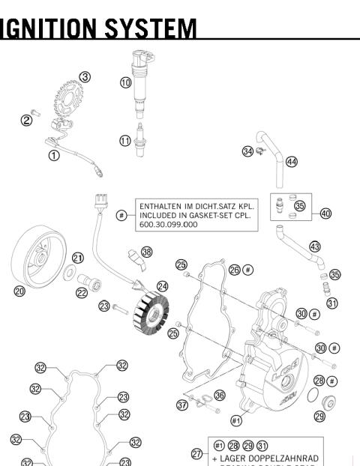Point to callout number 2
click(x=26, y=120)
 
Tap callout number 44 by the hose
click(x=292, y=162)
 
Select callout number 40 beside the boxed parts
click(x=325, y=213)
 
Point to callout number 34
click(x=247, y=151)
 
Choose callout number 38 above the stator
click(x=146, y=252)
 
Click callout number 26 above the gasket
click(x=235, y=269)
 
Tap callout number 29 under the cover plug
click(x=319, y=416)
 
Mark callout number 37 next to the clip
click(x=182, y=405)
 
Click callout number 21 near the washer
click(x=77, y=258)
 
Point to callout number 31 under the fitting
click(x=331, y=303)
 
